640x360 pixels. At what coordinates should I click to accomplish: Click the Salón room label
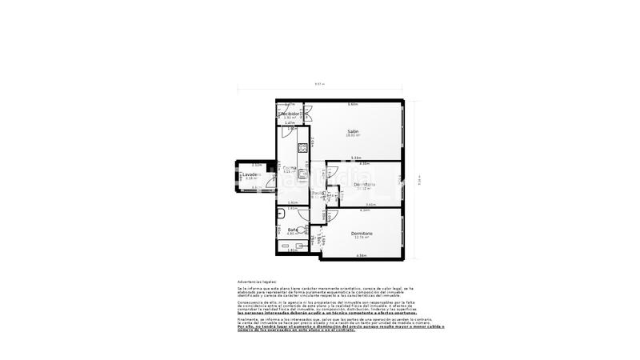tap(352, 131)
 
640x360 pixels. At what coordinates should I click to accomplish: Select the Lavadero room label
tap(253, 174)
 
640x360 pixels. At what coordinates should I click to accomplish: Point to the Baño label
tap(293, 230)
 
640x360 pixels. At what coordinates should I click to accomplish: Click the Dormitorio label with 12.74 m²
tap(362, 233)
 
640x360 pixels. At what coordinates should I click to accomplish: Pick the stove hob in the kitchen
tap(303, 148)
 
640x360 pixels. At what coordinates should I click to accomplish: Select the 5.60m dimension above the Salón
tap(352, 105)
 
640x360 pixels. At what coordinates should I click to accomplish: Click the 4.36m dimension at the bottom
tap(362, 255)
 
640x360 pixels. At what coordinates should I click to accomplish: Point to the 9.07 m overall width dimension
tap(319, 84)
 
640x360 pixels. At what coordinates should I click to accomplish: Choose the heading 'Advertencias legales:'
tap(255, 282)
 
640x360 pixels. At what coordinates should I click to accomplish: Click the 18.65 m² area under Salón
tap(352, 136)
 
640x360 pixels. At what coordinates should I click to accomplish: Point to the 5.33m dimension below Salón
tap(356, 158)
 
